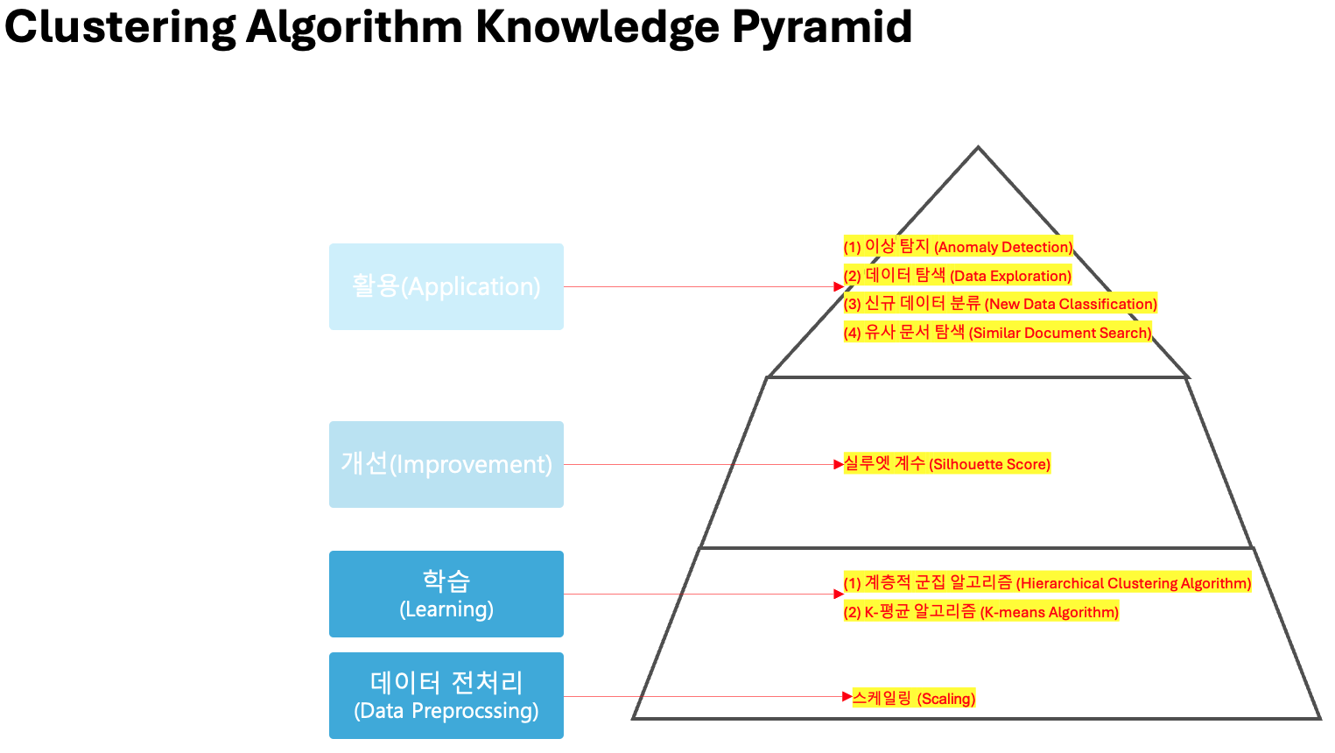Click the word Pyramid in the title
coord(822,26)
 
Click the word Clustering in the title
coord(120,26)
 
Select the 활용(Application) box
coord(446,286)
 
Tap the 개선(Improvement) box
coord(446,464)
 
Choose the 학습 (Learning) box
coord(446,594)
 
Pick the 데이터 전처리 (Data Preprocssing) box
coord(446,695)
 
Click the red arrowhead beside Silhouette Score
coord(838,464)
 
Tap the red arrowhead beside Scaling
coord(847,697)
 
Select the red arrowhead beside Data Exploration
coord(838,286)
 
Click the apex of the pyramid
coord(978,148)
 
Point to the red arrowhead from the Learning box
coord(838,594)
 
